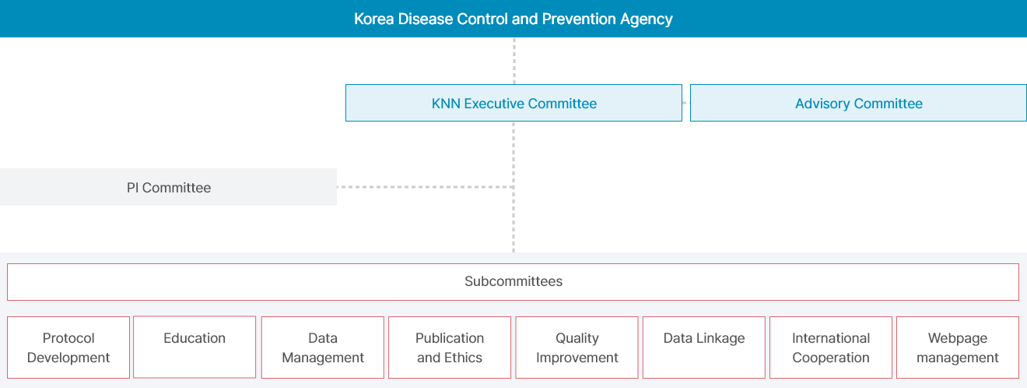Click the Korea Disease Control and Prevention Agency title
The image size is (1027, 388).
[513, 19]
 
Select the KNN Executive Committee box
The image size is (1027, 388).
[513, 103]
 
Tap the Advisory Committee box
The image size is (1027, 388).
[858, 103]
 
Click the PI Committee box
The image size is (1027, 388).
[168, 187]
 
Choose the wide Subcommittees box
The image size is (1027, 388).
[513, 282]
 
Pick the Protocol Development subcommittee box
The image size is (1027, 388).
[68, 347]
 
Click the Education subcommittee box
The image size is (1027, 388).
[195, 347]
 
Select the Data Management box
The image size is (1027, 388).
[323, 347]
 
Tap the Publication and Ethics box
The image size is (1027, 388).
[450, 347]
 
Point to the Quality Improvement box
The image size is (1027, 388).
[577, 347]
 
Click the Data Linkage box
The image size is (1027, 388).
[704, 347]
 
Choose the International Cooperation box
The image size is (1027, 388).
[831, 347]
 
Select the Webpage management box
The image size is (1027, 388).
[958, 347]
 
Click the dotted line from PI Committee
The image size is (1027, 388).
[425, 187]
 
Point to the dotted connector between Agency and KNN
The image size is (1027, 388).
[514, 61]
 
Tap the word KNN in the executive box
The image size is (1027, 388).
[446, 104]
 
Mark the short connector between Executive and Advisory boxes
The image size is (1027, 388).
[686, 103]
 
